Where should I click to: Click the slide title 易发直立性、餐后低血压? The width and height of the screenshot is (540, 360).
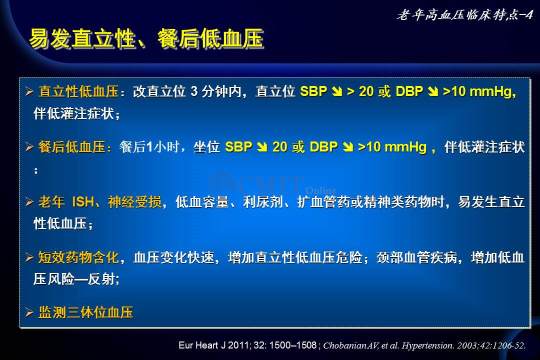[146, 38]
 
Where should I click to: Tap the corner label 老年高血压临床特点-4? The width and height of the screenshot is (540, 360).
[464, 15]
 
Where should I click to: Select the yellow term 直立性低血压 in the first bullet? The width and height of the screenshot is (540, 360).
[78, 91]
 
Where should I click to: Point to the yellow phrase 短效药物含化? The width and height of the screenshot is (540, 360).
[78, 257]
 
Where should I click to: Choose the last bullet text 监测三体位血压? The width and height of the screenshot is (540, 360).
[85, 312]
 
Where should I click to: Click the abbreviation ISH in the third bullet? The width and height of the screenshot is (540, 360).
[83, 202]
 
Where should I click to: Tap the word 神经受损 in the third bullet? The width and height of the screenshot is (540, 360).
[134, 202]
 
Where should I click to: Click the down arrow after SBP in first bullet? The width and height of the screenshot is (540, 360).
[337, 91]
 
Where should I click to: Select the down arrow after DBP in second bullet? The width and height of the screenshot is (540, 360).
[348, 147]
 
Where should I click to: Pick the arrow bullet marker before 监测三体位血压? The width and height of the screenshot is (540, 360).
[29, 312]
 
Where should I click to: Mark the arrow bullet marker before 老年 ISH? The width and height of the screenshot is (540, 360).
[29, 202]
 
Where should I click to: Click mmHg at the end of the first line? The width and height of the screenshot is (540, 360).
[492, 91]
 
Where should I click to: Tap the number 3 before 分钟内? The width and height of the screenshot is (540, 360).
[194, 91]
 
